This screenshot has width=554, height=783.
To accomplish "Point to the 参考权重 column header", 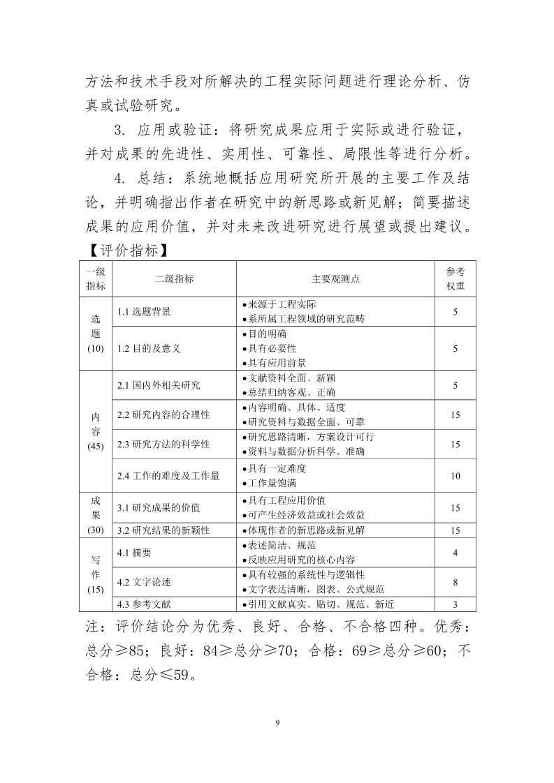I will tap(455, 278).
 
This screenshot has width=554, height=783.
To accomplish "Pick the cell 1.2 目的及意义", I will tap(149, 348).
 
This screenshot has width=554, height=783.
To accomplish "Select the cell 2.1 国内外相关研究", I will tap(159, 385).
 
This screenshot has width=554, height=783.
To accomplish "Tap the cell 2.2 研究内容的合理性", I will tap(163, 415).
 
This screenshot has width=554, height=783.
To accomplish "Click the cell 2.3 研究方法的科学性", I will tap(163, 445).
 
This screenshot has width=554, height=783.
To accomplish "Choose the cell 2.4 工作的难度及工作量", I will tap(168, 476).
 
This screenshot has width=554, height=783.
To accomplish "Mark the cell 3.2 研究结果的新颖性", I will tap(163, 530).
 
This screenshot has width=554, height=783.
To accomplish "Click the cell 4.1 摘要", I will tap(135, 553).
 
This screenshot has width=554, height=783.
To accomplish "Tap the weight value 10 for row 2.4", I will tap(455, 476).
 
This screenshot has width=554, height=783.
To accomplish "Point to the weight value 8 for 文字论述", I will tap(455, 582).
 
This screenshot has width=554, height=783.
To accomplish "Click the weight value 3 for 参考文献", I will tap(455, 604).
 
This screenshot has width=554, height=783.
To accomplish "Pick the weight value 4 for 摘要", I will tap(455, 553).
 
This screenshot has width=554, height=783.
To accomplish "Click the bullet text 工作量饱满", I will tap(277, 483).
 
